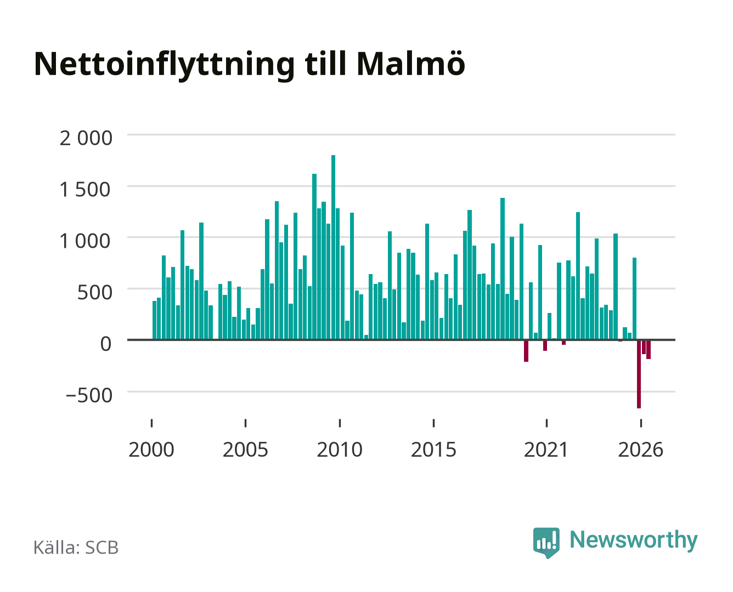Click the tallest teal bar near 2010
point(333,247)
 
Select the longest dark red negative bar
point(639,374)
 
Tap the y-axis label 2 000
point(86,138)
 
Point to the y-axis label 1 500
point(85,190)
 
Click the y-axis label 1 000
point(85,241)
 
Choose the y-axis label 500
point(94,293)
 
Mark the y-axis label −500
point(89,395)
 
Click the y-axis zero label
point(106,344)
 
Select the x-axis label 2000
point(151,449)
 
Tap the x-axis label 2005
point(245,449)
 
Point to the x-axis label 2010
point(340,449)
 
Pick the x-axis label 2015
point(433,449)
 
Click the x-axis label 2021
point(546,449)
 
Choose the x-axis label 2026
point(641,449)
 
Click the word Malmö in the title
point(411,64)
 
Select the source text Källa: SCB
point(76,548)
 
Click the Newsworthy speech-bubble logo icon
point(546,543)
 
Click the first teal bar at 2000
point(155,320)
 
